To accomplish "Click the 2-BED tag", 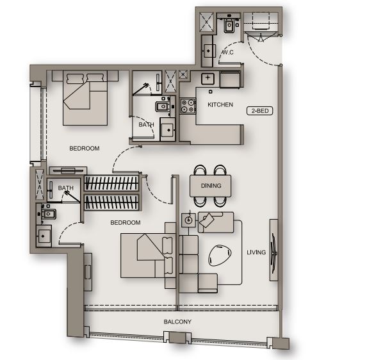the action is click(260, 111).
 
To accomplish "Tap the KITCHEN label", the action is click(220, 104).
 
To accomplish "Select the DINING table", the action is click(211, 186).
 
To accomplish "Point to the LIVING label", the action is click(256, 252).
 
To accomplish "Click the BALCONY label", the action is click(177, 322).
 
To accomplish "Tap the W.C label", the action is click(227, 52).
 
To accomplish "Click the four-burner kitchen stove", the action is click(188, 106).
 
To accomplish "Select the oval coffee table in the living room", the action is click(220, 256).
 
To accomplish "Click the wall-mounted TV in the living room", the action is click(274, 250).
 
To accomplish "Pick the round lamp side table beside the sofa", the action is click(189, 220).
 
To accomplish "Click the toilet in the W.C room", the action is click(229, 24).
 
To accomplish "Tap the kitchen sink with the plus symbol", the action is click(208, 78).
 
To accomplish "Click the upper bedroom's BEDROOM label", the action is click(85, 149).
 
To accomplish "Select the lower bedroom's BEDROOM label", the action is click(126, 223).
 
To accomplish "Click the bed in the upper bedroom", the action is click(85, 98).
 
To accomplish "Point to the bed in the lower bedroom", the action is click(148, 256).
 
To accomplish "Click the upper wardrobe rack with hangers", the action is click(111, 183).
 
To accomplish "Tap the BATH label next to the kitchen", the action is click(146, 125).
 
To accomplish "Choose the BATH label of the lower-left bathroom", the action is click(66, 188).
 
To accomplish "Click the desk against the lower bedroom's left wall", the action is click(88, 272).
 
